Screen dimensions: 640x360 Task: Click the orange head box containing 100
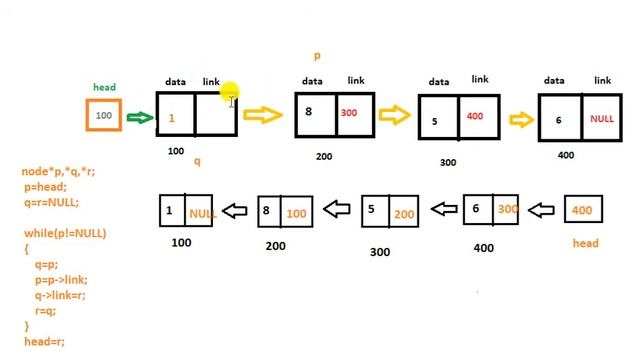(104, 116)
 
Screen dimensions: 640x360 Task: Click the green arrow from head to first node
(140, 118)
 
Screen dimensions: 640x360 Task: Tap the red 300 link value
(349, 113)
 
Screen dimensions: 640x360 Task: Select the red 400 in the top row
(474, 117)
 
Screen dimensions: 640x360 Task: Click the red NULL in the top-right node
(601, 118)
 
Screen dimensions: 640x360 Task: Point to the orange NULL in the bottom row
(202, 214)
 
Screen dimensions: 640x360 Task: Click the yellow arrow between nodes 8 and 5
(395, 114)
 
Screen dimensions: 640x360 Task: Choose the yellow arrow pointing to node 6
(521, 120)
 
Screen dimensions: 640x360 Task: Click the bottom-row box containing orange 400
(584, 210)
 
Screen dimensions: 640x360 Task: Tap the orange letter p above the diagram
(317, 57)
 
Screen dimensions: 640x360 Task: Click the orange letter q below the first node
(197, 161)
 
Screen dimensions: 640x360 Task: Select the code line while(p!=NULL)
(65, 233)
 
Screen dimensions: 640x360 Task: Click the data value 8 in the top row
(309, 112)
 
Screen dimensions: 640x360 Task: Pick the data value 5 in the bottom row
(371, 210)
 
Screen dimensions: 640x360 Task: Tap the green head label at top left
(104, 88)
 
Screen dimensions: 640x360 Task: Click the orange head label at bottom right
(585, 243)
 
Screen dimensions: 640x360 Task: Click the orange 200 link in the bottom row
(403, 214)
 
